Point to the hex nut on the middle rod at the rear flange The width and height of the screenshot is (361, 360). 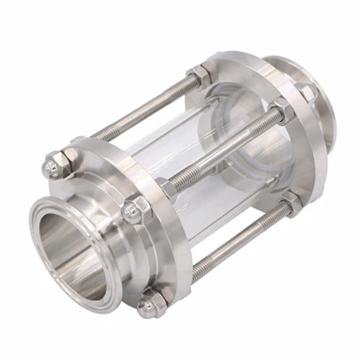[x=280, y=111]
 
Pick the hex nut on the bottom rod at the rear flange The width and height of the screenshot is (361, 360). [x=293, y=205]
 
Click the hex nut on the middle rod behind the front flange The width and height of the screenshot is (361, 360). [x=166, y=187]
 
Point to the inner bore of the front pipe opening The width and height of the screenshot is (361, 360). [x=63, y=246]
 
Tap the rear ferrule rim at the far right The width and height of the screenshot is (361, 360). [x=330, y=129]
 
